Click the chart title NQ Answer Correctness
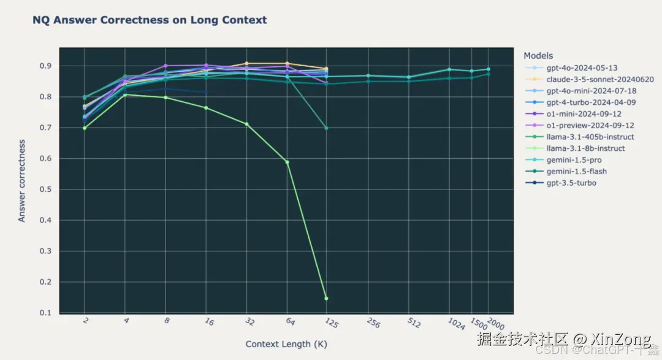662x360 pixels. pyautogui.click(x=150, y=20)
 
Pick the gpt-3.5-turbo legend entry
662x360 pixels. pyautogui.click(x=571, y=183)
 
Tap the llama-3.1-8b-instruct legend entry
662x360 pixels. pyautogui.click(x=585, y=148)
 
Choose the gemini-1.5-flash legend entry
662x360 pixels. pyautogui.click(x=576, y=171)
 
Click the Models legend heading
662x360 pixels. pyautogui.click(x=538, y=56)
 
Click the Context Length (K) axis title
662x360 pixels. pyautogui.click(x=286, y=344)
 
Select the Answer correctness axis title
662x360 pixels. pyautogui.click(x=22, y=180)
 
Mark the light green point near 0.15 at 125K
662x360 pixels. pyautogui.click(x=326, y=298)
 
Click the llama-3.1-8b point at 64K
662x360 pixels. pyautogui.click(x=287, y=162)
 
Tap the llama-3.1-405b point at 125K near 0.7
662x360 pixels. pyautogui.click(x=326, y=128)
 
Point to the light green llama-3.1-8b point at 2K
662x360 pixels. pyautogui.click(x=85, y=128)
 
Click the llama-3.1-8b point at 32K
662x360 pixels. pyautogui.click(x=246, y=124)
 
